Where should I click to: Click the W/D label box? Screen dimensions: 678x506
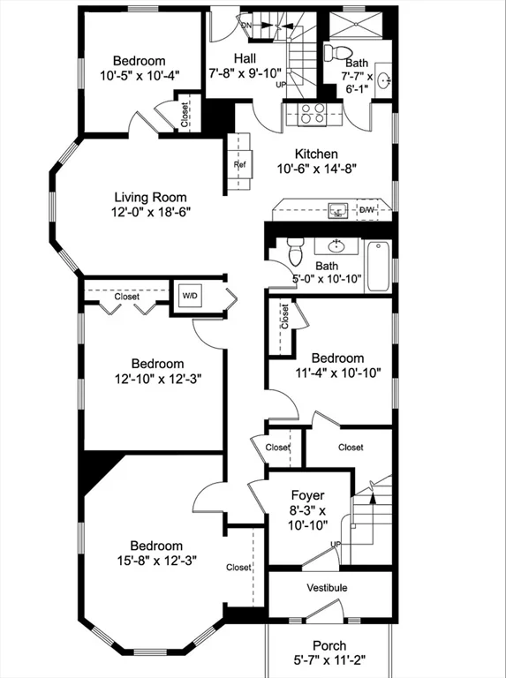point(189,296)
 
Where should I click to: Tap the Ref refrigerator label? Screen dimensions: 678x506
point(239,165)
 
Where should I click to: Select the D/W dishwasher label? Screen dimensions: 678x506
point(366,210)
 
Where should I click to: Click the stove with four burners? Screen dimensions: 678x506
point(310,113)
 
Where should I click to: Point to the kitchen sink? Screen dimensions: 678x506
point(336,211)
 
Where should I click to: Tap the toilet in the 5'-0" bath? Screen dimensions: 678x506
point(296,251)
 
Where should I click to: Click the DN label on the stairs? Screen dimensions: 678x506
point(246,26)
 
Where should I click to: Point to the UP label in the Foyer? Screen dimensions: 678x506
point(336,544)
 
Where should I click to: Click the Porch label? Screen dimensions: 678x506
point(329,645)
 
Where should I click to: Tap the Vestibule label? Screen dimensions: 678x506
point(327,588)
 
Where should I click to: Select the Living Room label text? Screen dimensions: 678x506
point(150,197)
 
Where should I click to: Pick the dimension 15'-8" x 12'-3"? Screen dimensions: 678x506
point(156,560)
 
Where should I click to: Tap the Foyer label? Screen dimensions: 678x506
point(307,496)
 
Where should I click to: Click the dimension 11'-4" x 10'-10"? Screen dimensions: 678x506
point(337,373)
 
